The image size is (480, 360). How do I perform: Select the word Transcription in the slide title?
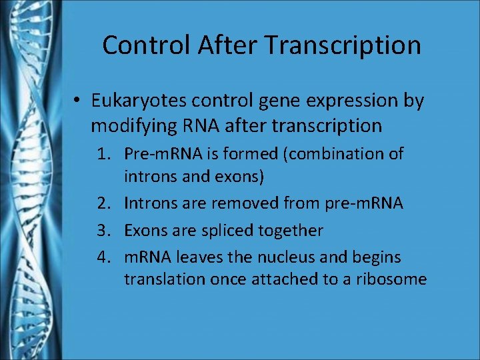(343, 45)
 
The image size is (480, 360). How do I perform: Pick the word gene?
(278, 101)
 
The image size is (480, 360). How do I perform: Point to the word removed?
(251, 202)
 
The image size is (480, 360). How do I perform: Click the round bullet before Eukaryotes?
(78, 101)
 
